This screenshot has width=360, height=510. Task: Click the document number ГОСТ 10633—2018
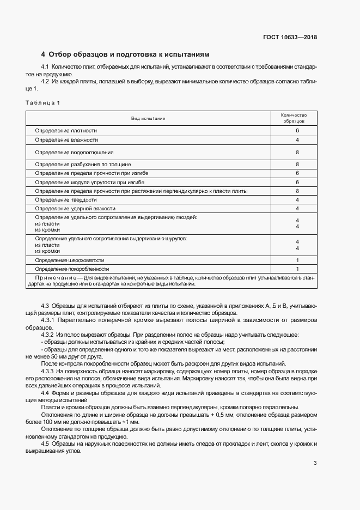[x=290, y=38]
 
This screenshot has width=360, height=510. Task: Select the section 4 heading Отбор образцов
[x=125, y=54]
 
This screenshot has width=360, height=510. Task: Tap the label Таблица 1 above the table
[x=43, y=103]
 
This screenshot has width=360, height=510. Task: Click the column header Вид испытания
[x=148, y=118]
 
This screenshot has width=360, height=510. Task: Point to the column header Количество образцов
[x=294, y=118]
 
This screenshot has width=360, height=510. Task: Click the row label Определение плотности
[x=66, y=131]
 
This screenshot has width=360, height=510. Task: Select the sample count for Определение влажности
[x=297, y=140]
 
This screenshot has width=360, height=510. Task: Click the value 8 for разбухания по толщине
[x=297, y=164]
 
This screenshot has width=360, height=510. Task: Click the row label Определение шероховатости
[x=69, y=260]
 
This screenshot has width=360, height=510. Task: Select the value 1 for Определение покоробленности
[x=297, y=269]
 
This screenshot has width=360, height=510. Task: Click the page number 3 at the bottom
[x=315, y=464]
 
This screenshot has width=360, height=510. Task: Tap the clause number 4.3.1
[x=50, y=320]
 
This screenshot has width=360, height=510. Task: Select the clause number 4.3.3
[x=50, y=371]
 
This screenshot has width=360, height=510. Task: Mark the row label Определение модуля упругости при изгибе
[x=89, y=182]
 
